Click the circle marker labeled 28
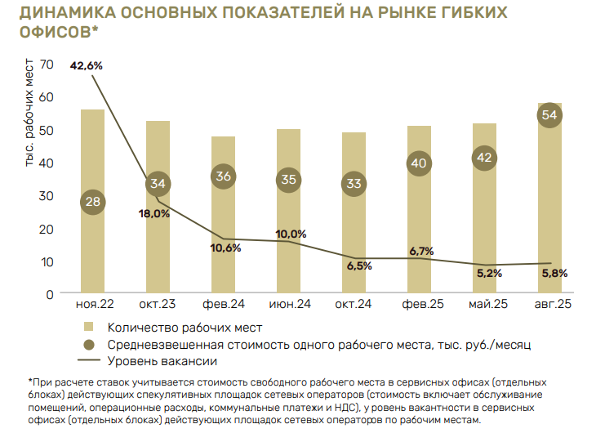point(92,202)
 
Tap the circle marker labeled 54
point(549,115)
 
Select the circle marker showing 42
point(484,158)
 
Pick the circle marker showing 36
point(223,176)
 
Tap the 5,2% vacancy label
point(488,273)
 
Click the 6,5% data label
point(359,266)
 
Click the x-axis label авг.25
point(549,305)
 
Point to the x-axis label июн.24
point(289,305)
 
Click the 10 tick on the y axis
point(46,261)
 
